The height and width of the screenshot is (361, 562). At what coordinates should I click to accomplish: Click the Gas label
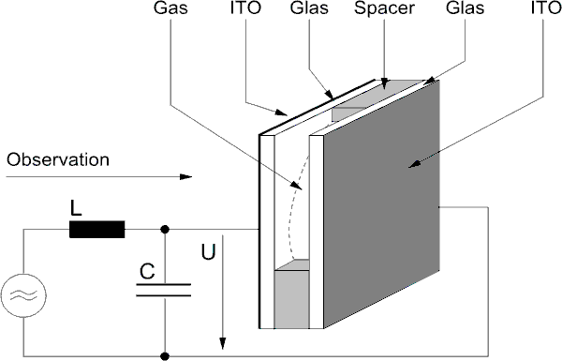pyautogui.click(x=170, y=8)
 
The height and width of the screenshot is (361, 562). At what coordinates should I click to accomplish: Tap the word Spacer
pyautogui.click(x=384, y=8)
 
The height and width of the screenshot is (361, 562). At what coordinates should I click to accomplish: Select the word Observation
pyautogui.click(x=58, y=159)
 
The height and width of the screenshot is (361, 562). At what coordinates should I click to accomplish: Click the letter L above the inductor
pyautogui.click(x=76, y=208)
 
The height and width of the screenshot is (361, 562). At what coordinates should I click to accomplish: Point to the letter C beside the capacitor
pyautogui.click(x=147, y=272)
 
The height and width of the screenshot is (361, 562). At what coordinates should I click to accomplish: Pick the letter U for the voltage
pyautogui.click(x=208, y=251)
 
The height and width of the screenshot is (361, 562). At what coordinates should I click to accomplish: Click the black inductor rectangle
pyautogui.click(x=97, y=230)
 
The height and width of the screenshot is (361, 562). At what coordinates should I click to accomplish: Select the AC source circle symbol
pyautogui.click(x=23, y=295)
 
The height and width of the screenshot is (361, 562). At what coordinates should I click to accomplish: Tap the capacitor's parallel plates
pyautogui.click(x=163, y=290)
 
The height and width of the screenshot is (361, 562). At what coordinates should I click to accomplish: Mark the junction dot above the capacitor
pyautogui.click(x=165, y=230)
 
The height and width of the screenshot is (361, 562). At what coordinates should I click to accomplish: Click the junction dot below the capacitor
pyautogui.click(x=165, y=356)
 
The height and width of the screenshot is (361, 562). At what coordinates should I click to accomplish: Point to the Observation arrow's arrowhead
pyautogui.click(x=185, y=176)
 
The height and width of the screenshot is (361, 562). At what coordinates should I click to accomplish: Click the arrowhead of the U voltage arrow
pyautogui.click(x=223, y=344)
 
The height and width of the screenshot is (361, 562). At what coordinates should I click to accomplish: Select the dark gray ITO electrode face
pyautogui.click(x=381, y=203)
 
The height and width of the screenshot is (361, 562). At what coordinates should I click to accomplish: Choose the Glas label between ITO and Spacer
pyautogui.click(x=309, y=8)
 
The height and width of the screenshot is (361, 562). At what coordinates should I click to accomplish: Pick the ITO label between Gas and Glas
pyautogui.click(x=245, y=8)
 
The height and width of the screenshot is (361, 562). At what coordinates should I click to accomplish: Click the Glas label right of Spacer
pyautogui.click(x=465, y=8)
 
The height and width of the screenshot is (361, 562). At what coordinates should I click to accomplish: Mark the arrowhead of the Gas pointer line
pyautogui.click(x=297, y=186)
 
